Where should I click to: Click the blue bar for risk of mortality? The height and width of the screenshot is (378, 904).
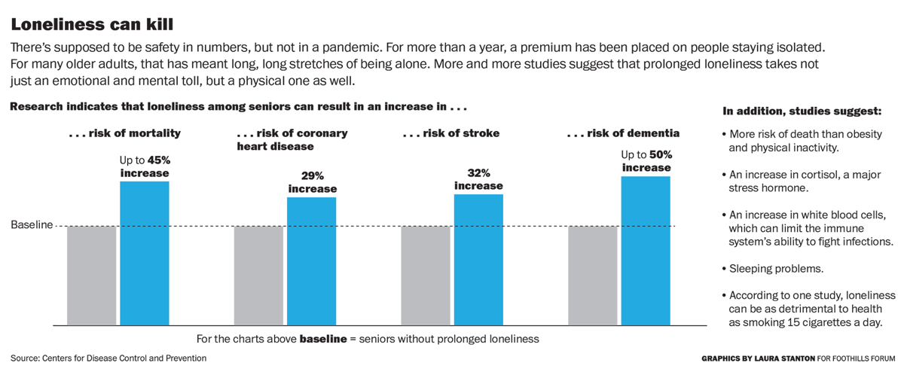[145, 253]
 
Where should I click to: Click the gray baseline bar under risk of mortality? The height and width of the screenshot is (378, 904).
[91, 276]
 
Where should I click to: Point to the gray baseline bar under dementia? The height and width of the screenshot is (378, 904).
[592, 276]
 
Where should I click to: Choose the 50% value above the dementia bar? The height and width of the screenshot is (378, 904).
[660, 154]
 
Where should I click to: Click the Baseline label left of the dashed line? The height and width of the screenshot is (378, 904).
[32, 224]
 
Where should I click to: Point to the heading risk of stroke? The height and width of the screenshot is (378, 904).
[451, 134]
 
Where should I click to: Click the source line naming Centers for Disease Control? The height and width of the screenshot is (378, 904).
[108, 358]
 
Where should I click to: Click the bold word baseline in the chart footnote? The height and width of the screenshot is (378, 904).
[323, 339]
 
